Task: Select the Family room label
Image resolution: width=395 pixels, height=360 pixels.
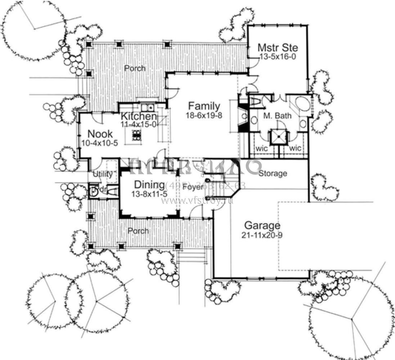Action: click(x=204, y=106)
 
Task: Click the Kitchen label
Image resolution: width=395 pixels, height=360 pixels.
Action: click(x=139, y=117)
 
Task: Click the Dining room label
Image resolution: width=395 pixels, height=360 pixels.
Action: click(x=149, y=185)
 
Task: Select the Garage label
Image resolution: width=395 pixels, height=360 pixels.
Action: click(x=262, y=226)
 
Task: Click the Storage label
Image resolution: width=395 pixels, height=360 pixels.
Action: click(x=273, y=174)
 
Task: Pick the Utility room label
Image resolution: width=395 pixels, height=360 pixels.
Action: click(x=103, y=174)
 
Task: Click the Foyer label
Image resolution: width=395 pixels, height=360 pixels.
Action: click(x=192, y=186)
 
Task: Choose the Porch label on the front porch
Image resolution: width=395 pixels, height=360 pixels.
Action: click(x=138, y=231)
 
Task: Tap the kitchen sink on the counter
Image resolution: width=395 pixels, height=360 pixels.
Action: click(x=147, y=107)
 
